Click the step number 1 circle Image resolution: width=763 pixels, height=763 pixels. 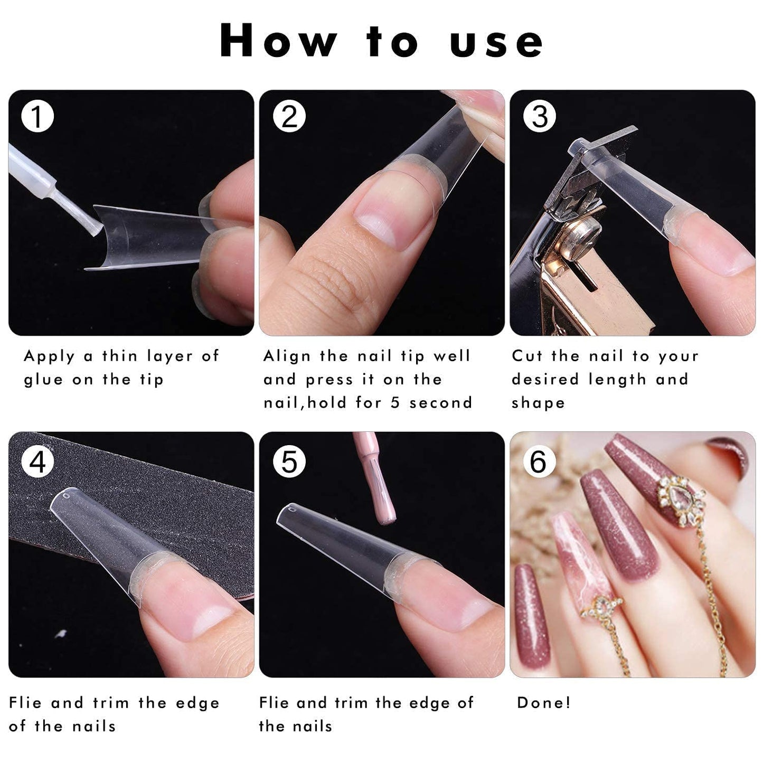(37, 117)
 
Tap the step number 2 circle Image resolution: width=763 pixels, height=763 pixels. (289, 117)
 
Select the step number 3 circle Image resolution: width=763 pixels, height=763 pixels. (539, 117)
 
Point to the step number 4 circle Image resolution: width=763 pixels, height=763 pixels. (37, 462)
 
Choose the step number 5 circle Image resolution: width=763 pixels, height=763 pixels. (289, 462)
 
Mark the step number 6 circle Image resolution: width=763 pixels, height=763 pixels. (538, 462)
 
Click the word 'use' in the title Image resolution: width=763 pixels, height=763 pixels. (496, 41)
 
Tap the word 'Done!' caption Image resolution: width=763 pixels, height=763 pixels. (544, 703)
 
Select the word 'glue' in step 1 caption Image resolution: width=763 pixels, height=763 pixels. (43, 380)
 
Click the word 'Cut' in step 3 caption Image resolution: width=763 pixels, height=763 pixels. (526, 356)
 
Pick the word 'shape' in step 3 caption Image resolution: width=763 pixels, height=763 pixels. (538, 403)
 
